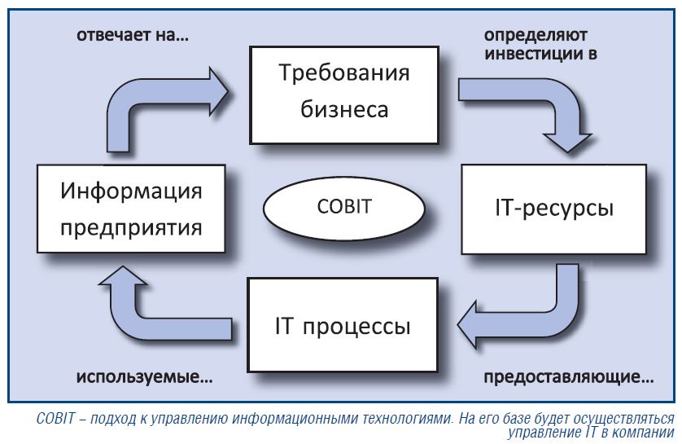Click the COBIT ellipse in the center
343,208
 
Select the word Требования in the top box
344,73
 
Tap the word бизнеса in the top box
344,109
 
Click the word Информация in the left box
131,191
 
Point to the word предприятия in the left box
131,228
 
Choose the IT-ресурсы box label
554,209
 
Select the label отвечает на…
133,35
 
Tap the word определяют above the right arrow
536,36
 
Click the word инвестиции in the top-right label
535,54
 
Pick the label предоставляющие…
569,377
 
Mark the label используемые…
145,377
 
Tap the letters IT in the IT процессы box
284,326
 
